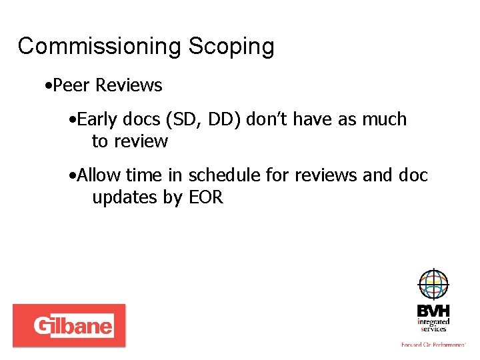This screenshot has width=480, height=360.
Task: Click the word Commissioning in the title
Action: [x=99, y=47]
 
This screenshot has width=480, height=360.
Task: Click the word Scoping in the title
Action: [x=231, y=47]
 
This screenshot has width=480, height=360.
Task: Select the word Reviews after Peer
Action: [x=129, y=85]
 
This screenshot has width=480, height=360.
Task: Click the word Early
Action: [x=98, y=119]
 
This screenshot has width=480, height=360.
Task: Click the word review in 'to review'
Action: [x=140, y=141]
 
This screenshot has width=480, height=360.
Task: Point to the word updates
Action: [x=125, y=197]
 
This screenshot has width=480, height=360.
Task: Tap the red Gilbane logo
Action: [x=69, y=325]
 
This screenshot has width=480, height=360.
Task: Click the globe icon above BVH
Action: [x=433, y=285]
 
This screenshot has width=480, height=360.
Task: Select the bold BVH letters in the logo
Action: [x=433, y=311]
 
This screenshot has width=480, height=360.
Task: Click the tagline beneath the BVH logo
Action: [x=433, y=345]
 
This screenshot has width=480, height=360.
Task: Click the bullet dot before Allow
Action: [x=72, y=176]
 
